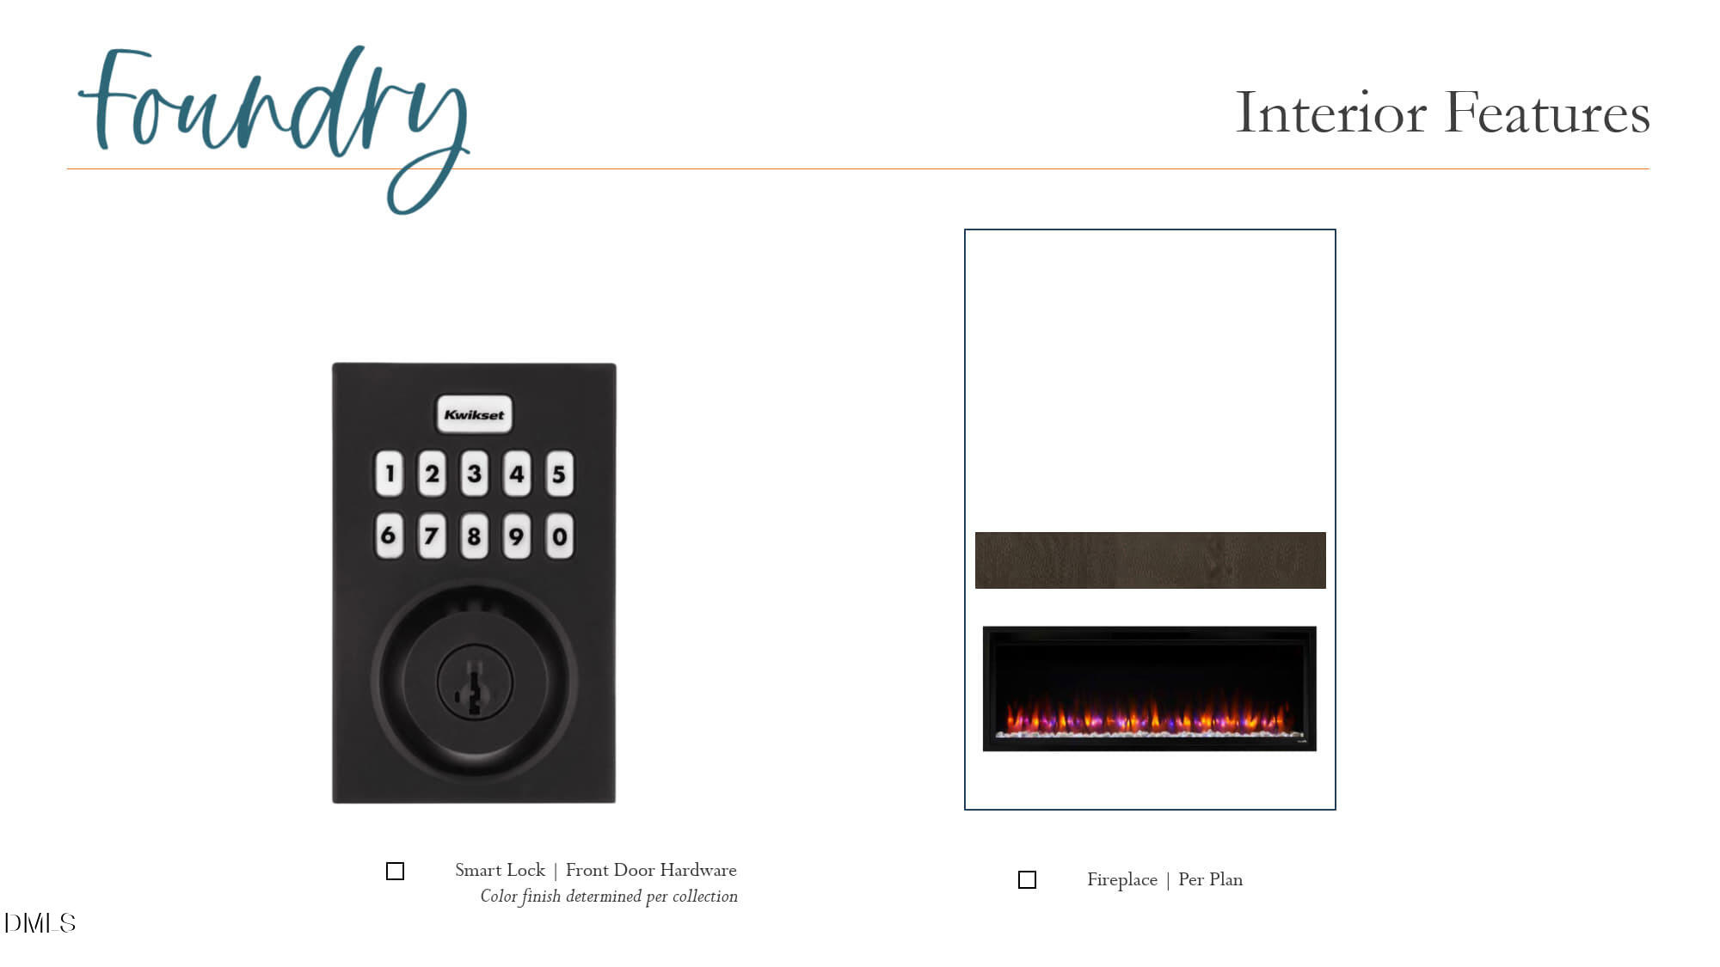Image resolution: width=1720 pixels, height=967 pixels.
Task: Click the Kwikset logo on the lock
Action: click(x=474, y=414)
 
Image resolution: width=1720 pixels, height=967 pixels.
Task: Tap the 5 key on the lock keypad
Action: click(x=559, y=474)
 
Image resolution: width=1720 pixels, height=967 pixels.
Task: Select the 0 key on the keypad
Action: click(x=559, y=536)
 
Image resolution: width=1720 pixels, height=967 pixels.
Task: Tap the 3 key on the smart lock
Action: click(x=474, y=474)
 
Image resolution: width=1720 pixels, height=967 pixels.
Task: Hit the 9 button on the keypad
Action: click(x=516, y=536)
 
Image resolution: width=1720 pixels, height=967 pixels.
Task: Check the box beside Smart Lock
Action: click(x=395, y=871)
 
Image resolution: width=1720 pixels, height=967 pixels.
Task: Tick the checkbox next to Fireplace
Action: click(x=1027, y=879)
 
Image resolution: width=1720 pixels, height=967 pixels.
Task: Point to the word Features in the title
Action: click(x=1547, y=113)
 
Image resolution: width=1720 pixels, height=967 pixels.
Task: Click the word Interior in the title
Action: click(x=1331, y=113)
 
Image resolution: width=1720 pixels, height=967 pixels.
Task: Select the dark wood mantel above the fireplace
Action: click(x=1150, y=560)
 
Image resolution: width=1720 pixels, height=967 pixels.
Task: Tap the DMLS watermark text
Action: click(x=40, y=923)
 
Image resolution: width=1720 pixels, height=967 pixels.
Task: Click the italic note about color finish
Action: click(x=609, y=897)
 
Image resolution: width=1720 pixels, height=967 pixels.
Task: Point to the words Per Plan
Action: click(x=1210, y=879)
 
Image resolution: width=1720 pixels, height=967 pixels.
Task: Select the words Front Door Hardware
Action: click(x=651, y=870)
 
